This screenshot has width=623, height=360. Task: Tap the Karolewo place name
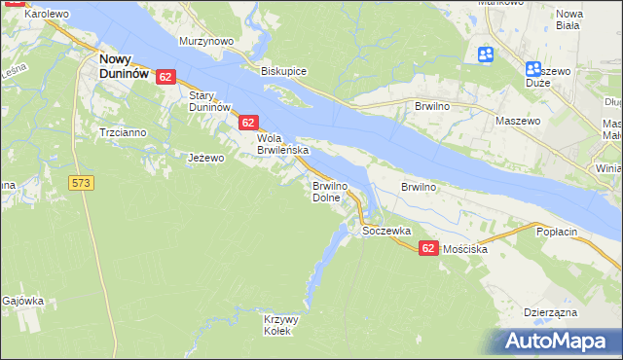click(x=46, y=15)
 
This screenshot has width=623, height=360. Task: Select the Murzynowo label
click(x=206, y=42)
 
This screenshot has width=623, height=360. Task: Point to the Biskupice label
click(x=284, y=71)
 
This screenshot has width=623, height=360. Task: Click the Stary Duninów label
click(x=208, y=100)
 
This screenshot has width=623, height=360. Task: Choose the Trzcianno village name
click(x=122, y=131)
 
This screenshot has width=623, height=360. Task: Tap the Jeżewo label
click(x=206, y=157)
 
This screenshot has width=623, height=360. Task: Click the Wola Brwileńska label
click(x=282, y=144)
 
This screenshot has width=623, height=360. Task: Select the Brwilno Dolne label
click(x=328, y=191)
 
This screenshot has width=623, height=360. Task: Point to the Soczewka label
click(x=386, y=232)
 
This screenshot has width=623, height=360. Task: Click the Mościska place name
click(x=464, y=249)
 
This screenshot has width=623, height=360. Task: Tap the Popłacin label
click(x=559, y=233)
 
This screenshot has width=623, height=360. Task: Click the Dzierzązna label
click(x=551, y=312)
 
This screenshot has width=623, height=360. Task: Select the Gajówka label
click(x=23, y=301)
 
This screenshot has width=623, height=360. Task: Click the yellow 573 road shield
click(x=82, y=182)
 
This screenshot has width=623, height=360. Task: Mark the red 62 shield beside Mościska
click(x=428, y=249)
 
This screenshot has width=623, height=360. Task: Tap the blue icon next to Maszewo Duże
click(x=532, y=69)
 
